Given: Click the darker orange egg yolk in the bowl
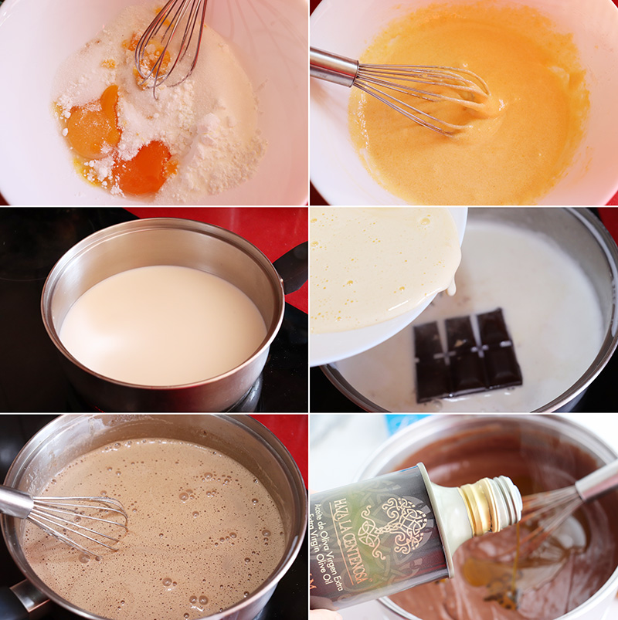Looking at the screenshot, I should [143, 168].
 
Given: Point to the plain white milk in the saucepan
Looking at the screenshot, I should [162, 324].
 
